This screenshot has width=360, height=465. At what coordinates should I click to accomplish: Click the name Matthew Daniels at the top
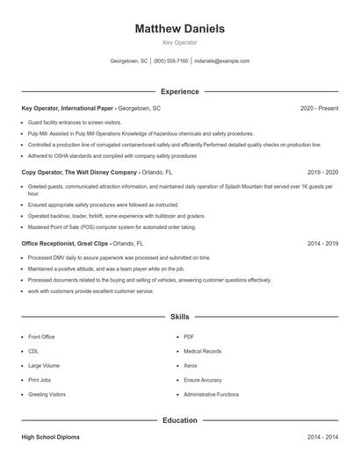[x=179, y=29]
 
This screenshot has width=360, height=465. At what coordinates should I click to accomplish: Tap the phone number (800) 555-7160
[x=171, y=61]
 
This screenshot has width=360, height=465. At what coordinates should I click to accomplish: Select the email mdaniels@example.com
[x=221, y=61]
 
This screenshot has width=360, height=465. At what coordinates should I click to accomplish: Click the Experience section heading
[x=179, y=91]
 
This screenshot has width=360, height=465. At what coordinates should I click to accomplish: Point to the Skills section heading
[x=179, y=316]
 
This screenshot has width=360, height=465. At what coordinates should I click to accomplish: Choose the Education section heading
[x=179, y=420]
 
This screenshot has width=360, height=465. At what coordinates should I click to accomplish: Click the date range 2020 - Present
[x=319, y=108]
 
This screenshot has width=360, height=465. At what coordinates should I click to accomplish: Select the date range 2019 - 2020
[x=322, y=173]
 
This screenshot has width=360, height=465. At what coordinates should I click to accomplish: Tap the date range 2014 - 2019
[x=322, y=243]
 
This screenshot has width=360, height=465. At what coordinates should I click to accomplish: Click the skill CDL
[x=34, y=351]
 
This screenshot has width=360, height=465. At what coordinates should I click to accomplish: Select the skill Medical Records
[x=203, y=351]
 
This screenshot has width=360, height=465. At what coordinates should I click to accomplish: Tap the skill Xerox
[x=192, y=366]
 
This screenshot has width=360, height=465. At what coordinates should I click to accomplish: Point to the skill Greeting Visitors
[x=47, y=395]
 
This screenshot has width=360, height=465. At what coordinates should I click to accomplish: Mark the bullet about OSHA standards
[x=112, y=155]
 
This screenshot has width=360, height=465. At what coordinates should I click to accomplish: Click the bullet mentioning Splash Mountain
[x=176, y=187]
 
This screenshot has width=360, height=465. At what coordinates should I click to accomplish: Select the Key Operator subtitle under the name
[x=179, y=42]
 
